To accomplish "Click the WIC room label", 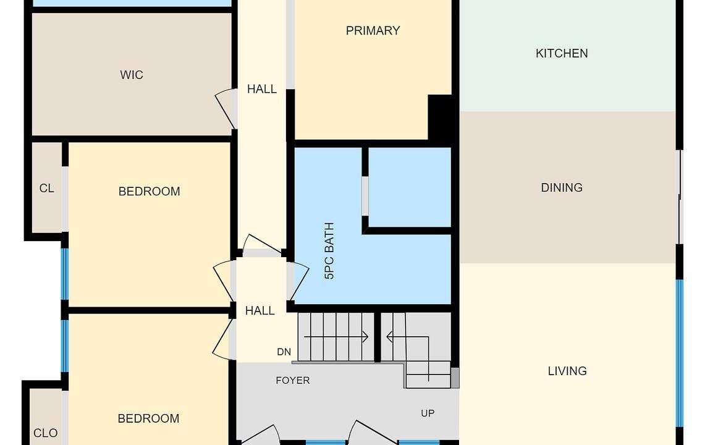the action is coord(131,75).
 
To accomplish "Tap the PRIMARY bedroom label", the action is coord(373,31).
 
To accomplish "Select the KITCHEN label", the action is coord(562,54).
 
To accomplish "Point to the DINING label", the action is coord(562,188).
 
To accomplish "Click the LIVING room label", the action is coord(567,371).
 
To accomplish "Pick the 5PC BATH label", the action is coord(329,251).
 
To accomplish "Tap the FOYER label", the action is coord(293,381).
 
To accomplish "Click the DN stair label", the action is coord(284,352).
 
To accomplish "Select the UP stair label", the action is coord(428,413).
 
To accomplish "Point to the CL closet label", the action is coord(47,188).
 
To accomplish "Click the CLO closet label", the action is coord(45,433).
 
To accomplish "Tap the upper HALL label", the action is coord(262,89).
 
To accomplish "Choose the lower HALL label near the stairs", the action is coord(260,310).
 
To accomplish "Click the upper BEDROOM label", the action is coord(150,192).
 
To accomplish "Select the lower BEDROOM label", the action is coord(148,419).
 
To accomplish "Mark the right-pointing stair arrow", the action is coord(336,337).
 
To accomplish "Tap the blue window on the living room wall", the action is coord(680,353).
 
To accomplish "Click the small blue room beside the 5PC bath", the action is coord(410,187).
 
